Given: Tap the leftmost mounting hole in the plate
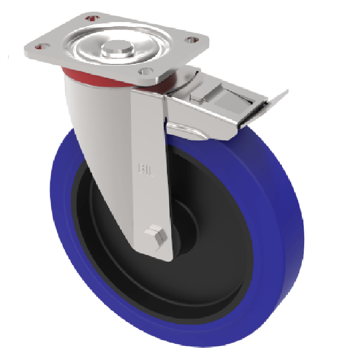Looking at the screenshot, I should click(43, 46).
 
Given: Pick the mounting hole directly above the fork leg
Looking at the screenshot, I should click(147, 71).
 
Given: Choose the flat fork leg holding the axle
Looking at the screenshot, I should click(151, 180).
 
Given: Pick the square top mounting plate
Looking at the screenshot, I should click(171, 49).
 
